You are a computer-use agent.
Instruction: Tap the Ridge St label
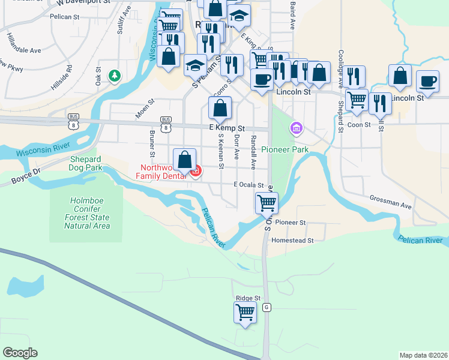pyautogui.click(x=248, y=298)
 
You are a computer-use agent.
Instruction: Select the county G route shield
pyautogui.click(x=267, y=307)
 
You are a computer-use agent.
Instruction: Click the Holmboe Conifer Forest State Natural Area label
pyautogui.click(x=88, y=214)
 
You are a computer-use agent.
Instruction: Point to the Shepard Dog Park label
pyautogui.click(x=85, y=163)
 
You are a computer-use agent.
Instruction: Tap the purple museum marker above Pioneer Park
pyautogui.click(x=295, y=128)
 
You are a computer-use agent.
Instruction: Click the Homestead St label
pyautogui.click(x=293, y=241)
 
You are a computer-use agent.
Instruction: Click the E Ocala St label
pyautogui.click(x=249, y=185)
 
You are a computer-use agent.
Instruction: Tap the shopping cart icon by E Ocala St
pyautogui.click(x=267, y=203)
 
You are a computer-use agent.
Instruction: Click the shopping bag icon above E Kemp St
pyautogui.click(x=220, y=108)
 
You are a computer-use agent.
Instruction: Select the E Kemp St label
pyautogui.click(x=228, y=128)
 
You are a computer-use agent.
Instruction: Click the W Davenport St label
pyautogui.click(x=83, y=3)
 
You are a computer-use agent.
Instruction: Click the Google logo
pyautogui.click(x=20, y=353)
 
